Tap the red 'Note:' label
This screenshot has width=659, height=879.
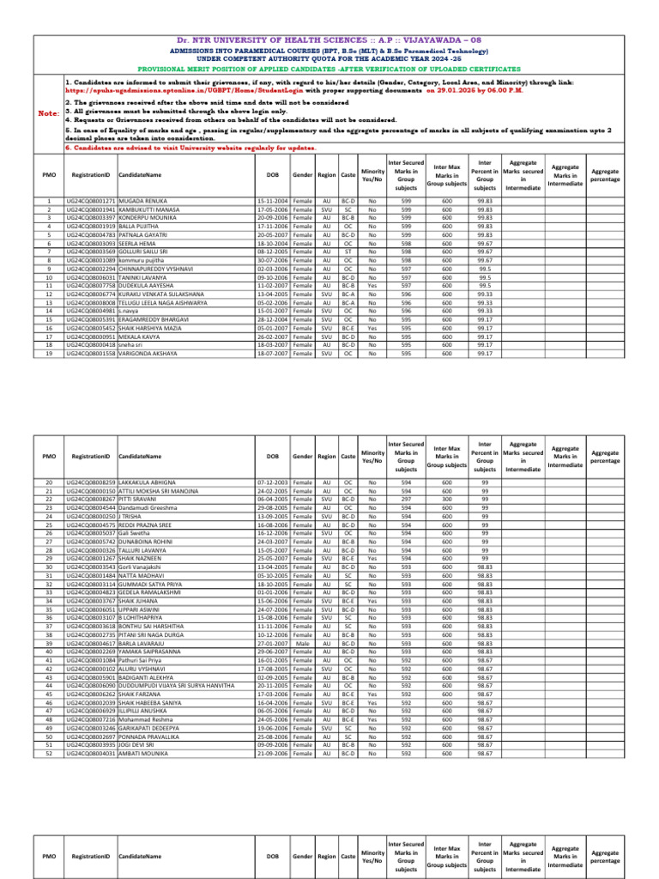click(49, 112)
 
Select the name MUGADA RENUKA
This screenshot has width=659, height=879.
click(146, 200)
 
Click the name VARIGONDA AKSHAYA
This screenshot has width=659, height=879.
click(148, 354)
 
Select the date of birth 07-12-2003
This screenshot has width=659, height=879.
click(272, 482)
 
